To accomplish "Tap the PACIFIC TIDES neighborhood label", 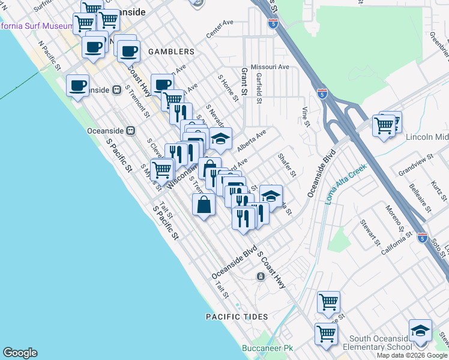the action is click(234, 316).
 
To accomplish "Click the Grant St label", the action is click(244, 83).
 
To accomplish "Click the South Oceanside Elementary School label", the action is click(376, 343).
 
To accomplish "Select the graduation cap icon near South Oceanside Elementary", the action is click(421, 331).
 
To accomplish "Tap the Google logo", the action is click(20, 353).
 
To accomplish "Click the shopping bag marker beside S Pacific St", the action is click(204, 204).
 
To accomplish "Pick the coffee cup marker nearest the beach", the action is click(78, 86).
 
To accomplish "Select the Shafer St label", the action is click(287, 164).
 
